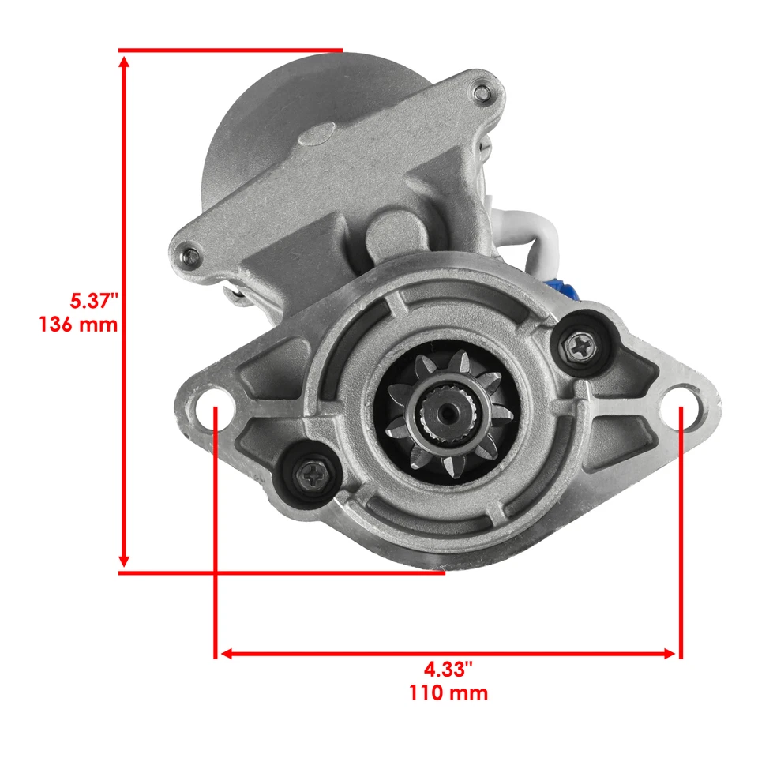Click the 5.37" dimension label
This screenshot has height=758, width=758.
click(94, 301)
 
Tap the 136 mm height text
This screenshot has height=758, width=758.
click(78, 324)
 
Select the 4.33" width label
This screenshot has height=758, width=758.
click(448, 670)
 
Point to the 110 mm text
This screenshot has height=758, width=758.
click(448, 694)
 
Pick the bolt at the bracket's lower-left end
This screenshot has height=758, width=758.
click(191, 255)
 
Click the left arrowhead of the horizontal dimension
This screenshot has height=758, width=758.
click(227, 654)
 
